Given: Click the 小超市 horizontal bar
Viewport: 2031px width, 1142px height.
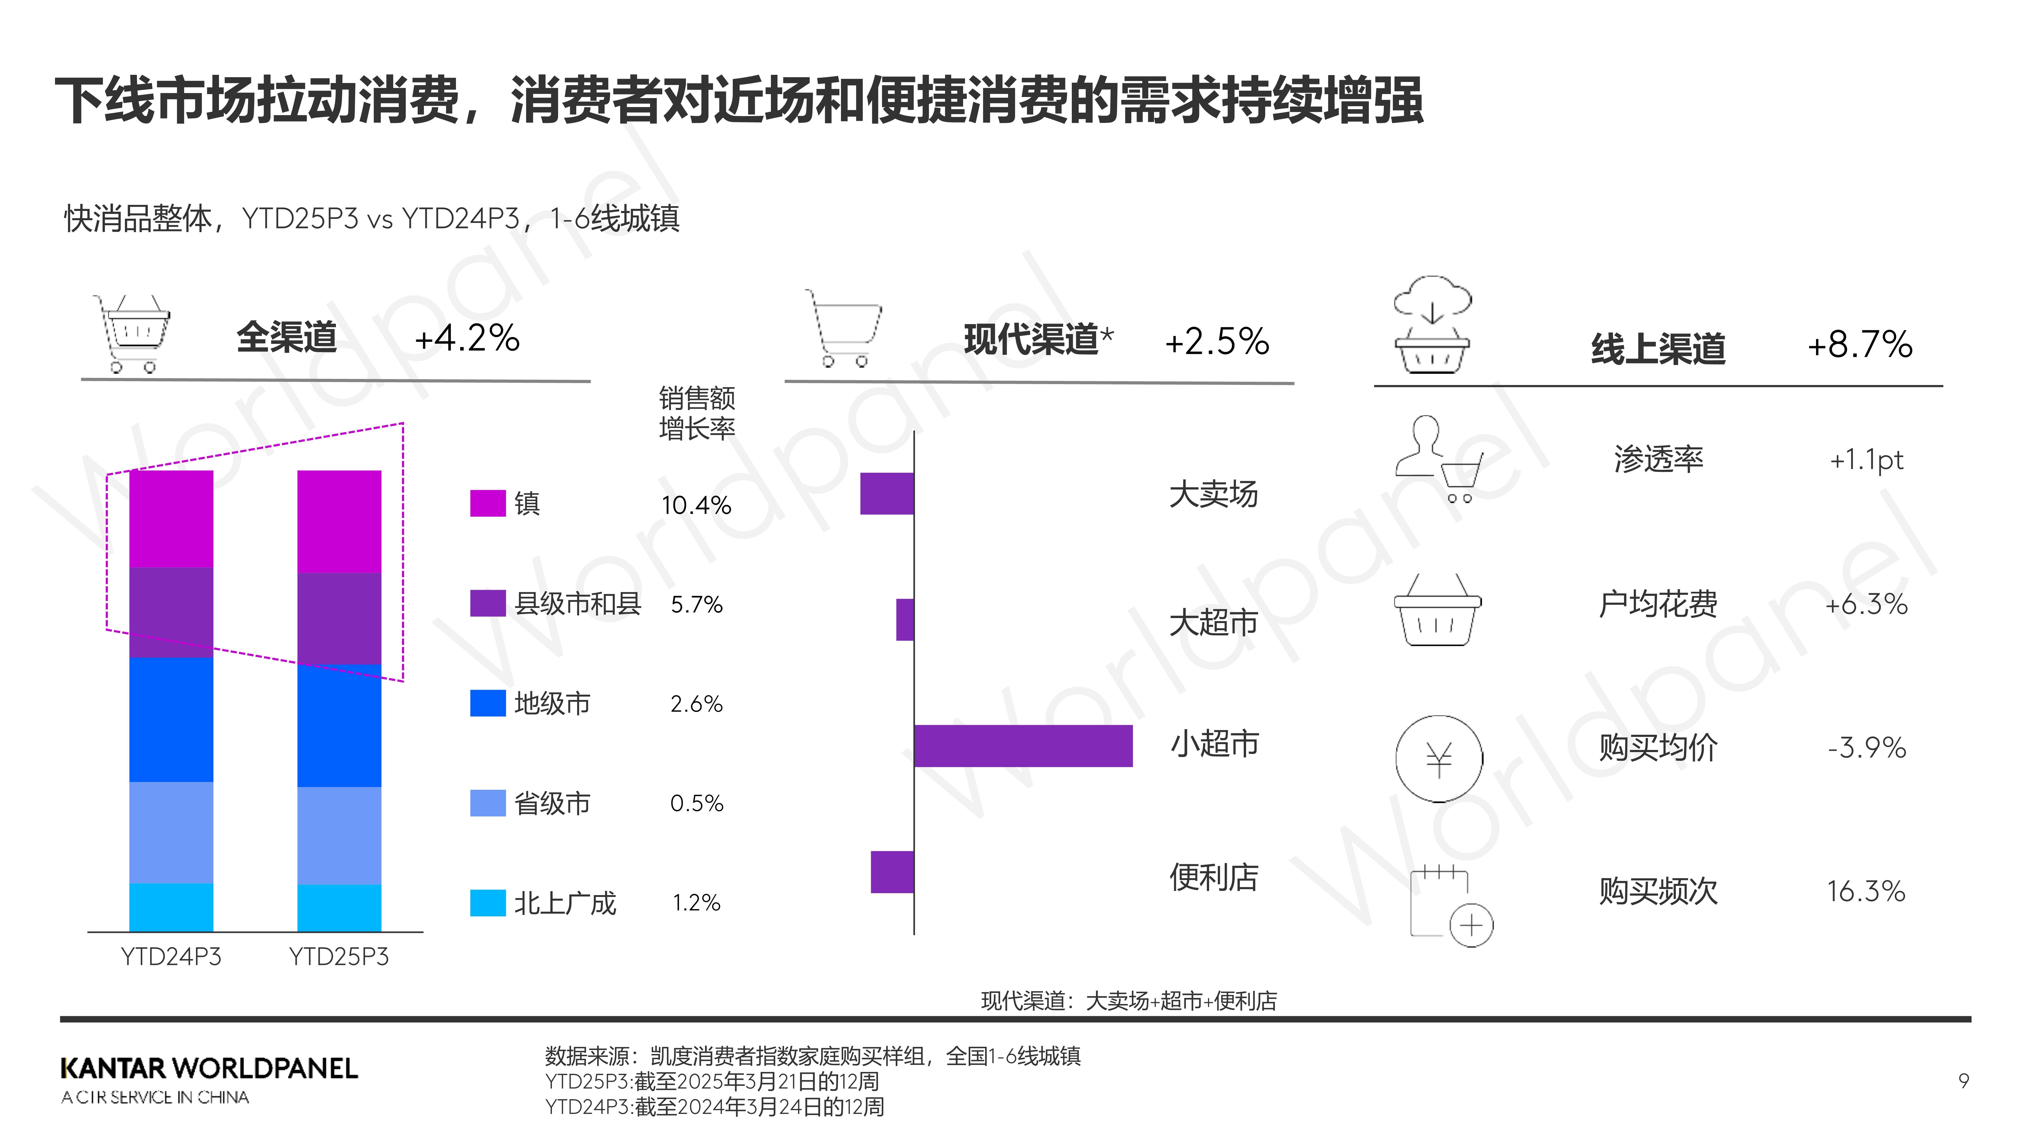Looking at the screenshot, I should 1023,745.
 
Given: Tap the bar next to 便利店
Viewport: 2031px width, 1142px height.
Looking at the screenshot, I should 892,872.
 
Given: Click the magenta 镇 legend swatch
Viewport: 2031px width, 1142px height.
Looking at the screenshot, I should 487,503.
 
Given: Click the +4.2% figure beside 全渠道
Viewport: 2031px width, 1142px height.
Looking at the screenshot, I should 467,338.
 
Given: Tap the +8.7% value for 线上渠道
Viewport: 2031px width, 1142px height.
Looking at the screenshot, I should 1859,344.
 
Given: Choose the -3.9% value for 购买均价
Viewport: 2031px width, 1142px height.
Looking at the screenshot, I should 1866,747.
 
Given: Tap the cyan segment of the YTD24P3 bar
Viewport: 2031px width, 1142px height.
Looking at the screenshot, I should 171,907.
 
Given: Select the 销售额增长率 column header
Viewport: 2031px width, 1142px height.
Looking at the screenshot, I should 696,413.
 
